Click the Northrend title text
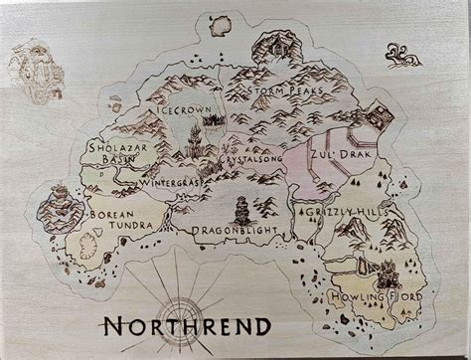[x=186, y=325]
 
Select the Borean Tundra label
[x=120, y=219]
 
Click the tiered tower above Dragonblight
[x=242, y=208]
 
